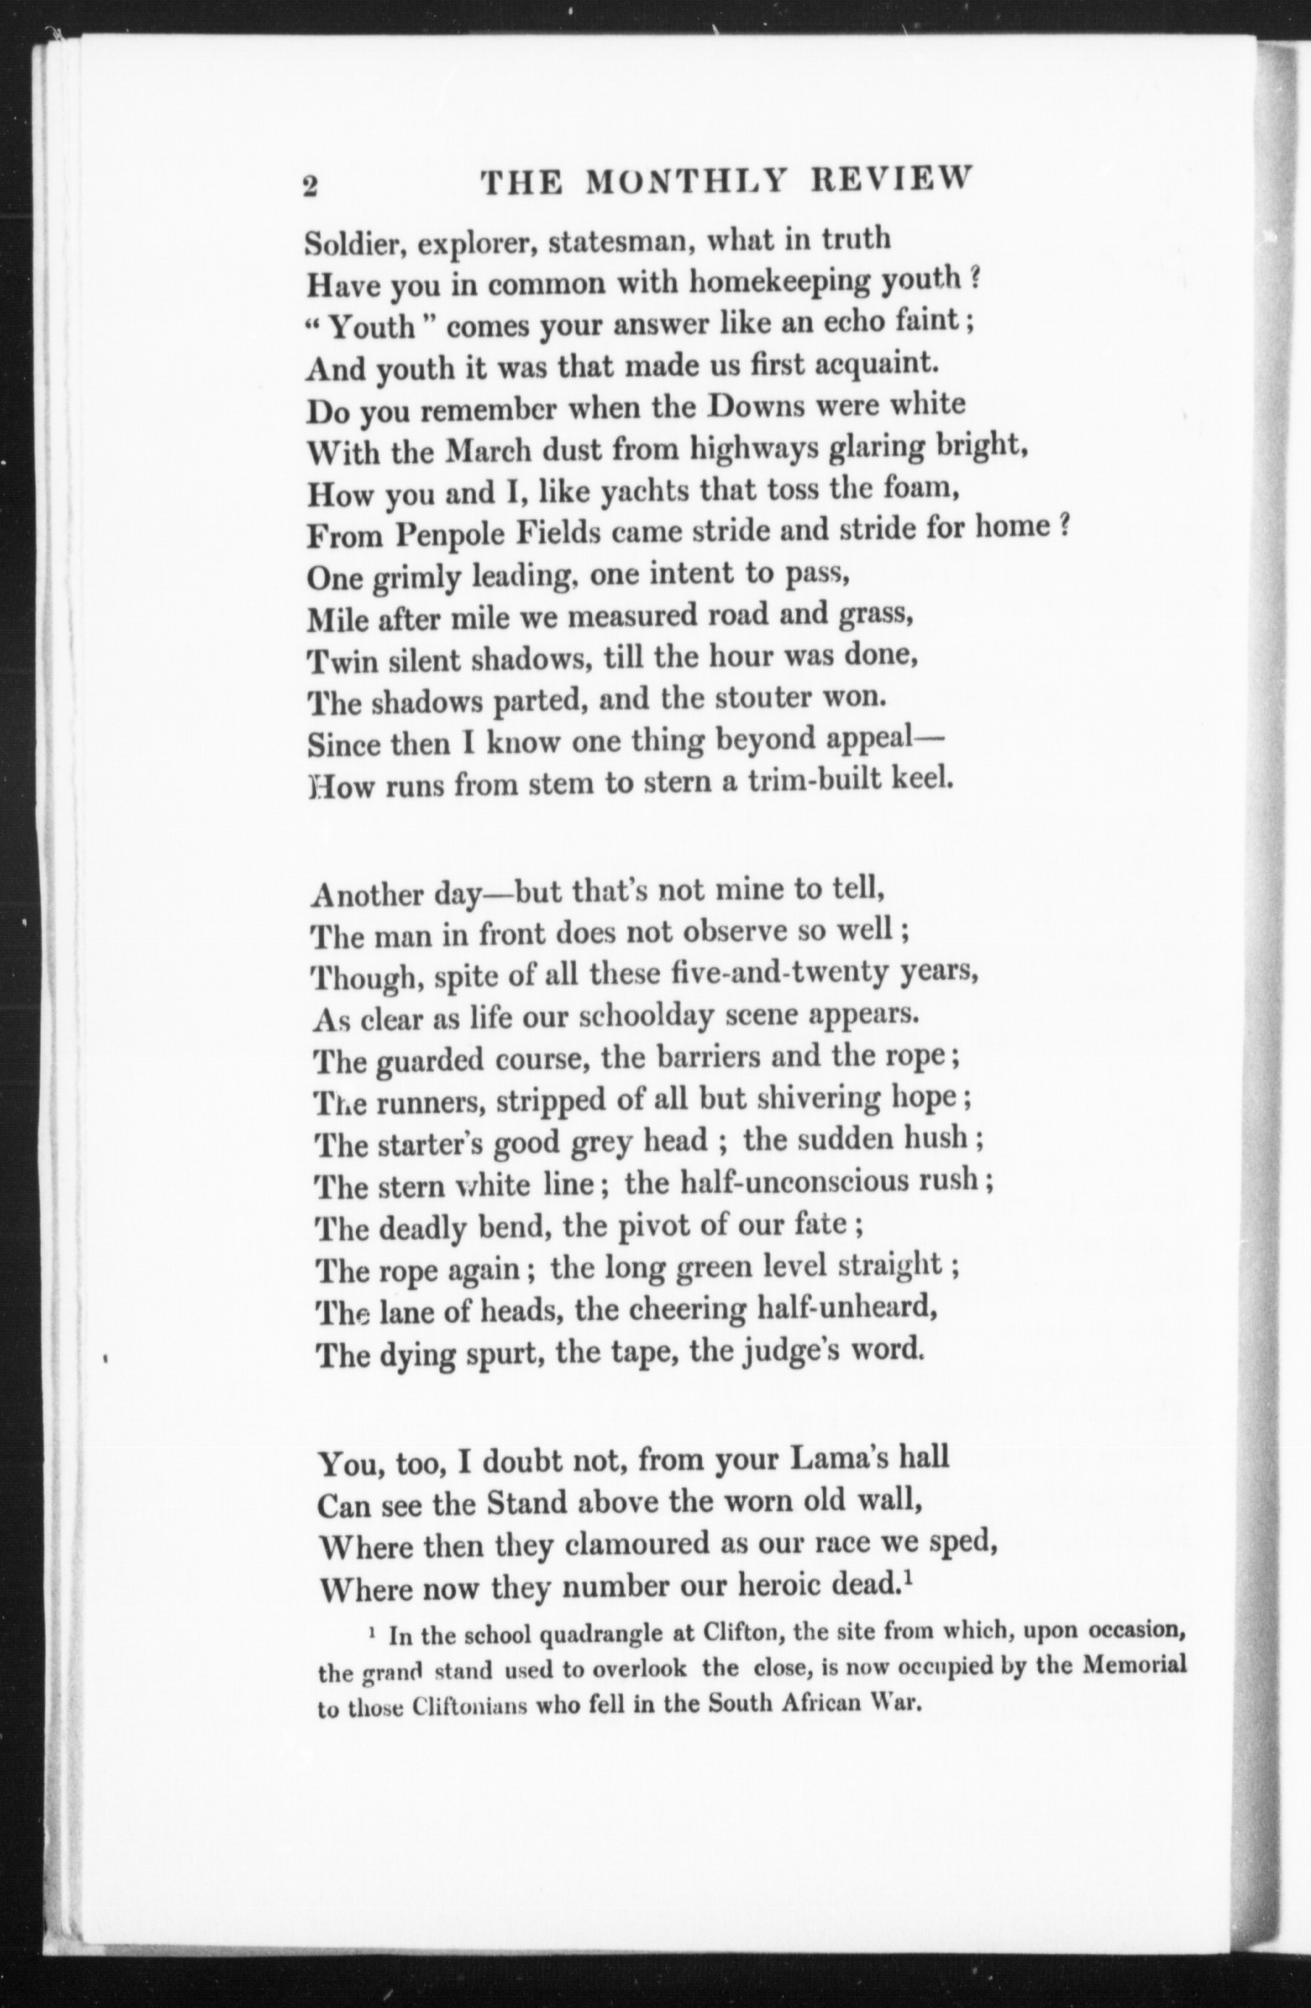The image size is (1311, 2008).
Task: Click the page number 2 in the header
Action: point(309,185)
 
